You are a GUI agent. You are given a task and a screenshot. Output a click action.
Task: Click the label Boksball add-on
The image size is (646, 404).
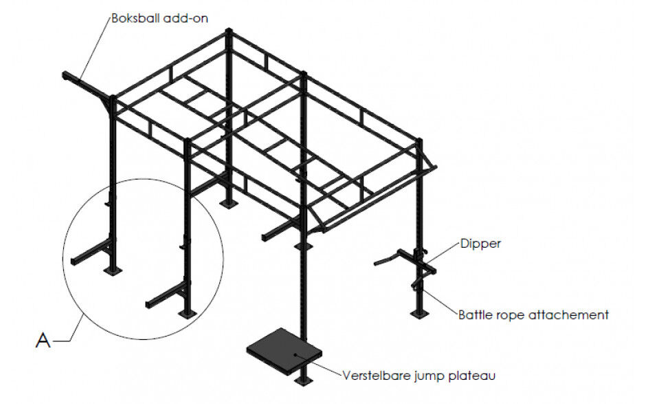[168, 18]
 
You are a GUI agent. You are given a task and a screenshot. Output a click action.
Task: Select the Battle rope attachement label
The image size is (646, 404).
[533, 315]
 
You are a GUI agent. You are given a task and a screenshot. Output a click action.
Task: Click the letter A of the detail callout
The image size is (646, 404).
[43, 340]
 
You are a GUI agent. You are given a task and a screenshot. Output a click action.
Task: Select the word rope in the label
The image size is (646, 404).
[508, 315]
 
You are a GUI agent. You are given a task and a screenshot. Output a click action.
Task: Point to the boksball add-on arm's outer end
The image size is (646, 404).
[66, 74]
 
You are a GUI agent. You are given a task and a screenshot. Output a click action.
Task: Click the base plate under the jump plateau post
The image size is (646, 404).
[302, 380]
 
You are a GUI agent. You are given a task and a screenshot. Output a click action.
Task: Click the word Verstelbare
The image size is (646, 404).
[375, 375]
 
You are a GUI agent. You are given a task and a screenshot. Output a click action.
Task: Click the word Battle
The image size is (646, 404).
[475, 315]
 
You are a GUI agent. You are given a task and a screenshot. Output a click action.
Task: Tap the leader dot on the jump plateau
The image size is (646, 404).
[296, 354]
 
